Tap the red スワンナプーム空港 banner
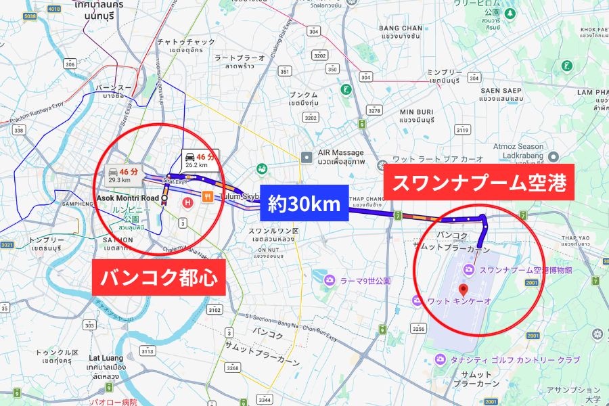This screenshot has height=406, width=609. (479, 182)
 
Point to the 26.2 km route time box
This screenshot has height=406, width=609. (200, 160)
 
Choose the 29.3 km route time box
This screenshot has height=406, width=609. (124, 175)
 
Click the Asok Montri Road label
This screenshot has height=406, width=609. (127, 198)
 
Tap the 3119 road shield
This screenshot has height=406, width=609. (463, 130)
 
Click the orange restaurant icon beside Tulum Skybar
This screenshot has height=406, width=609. (207, 197)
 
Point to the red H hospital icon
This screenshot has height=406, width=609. (188, 202)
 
